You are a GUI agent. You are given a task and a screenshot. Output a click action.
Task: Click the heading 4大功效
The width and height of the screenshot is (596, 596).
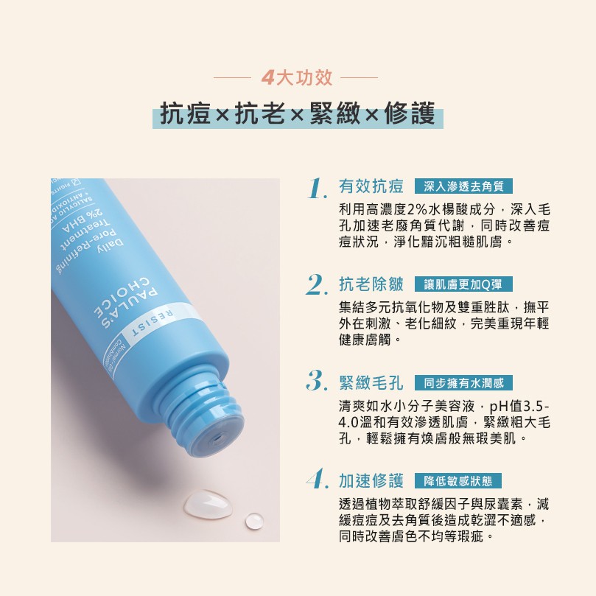pyautogui.click(x=297, y=78)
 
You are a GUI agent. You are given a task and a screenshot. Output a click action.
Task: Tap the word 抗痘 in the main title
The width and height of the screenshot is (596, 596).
pyautogui.click(x=185, y=113)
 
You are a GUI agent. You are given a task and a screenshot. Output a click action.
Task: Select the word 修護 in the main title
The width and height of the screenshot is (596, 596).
pyautogui.click(x=410, y=113)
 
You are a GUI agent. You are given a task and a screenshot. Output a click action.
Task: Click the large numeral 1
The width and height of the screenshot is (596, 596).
pyautogui.click(x=318, y=188)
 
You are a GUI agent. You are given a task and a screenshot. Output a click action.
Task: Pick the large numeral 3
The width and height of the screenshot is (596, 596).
pyautogui.click(x=317, y=381)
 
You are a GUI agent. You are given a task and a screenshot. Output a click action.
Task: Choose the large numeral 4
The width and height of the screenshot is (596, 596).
pyautogui.click(x=318, y=479)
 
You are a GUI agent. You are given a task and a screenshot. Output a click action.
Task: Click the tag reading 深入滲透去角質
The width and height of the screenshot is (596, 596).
pyautogui.click(x=463, y=186)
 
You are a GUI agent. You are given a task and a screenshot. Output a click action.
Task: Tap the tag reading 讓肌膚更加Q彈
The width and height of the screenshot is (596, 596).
pyautogui.click(x=463, y=284)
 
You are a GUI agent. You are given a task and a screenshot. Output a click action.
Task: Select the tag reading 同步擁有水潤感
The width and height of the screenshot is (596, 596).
pyautogui.click(x=463, y=383)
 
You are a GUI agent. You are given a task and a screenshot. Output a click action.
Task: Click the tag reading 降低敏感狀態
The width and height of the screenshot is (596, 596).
pyautogui.click(x=458, y=481)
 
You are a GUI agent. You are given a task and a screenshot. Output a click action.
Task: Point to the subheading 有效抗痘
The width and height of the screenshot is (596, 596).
pyautogui.click(x=371, y=186)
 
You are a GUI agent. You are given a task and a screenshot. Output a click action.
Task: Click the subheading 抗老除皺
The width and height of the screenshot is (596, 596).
pyautogui.click(x=371, y=284)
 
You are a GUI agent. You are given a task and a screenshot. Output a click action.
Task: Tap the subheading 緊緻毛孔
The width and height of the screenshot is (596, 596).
pyautogui.click(x=371, y=383)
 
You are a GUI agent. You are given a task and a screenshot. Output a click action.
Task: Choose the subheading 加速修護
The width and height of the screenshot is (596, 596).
pyautogui.click(x=371, y=481)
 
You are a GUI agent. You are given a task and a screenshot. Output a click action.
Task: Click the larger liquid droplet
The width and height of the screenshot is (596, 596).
pyautogui.click(x=208, y=503)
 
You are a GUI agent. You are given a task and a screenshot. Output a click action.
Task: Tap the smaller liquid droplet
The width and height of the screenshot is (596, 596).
pyautogui.click(x=254, y=521)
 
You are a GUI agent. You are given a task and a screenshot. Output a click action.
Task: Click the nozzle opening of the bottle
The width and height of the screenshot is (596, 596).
pyautogui.click(x=219, y=438)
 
